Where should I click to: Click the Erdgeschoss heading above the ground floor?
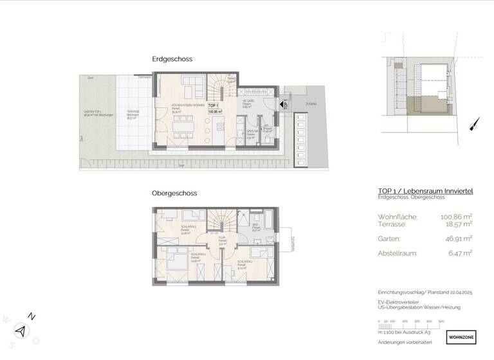[x=172, y=59]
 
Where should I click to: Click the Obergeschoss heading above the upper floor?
[x=174, y=193]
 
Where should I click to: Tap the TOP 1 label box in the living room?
[x=214, y=108]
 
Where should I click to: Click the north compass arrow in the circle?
[x=22, y=330]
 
